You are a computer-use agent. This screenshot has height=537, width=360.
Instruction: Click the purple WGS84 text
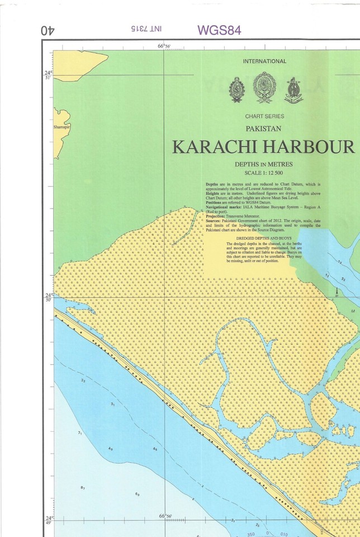(x=219, y=30)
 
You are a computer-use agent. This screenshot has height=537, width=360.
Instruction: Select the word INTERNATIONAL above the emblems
(x=264, y=62)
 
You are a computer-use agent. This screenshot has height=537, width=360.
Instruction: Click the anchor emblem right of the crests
(x=293, y=90)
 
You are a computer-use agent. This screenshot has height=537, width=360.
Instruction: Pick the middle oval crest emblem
(x=264, y=88)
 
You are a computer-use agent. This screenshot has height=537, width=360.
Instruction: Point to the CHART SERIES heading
(x=264, y=116)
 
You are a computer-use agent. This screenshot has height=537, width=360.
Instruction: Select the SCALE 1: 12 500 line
(x=264, y=172)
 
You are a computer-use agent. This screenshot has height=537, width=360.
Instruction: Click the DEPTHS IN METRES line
(x=264, y=164)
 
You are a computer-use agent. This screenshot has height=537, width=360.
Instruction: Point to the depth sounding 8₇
(x=83, y=488)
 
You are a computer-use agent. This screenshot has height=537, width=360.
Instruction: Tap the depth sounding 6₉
(x=137, y=494)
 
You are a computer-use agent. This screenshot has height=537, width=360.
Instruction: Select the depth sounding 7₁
(x=80, y=433)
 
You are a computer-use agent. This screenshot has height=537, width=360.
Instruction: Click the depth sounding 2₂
(x=83, y=380)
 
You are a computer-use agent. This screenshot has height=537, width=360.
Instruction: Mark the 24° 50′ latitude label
(x=49, y=297)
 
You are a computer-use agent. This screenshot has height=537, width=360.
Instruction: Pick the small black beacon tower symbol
(x=337, y=292)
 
